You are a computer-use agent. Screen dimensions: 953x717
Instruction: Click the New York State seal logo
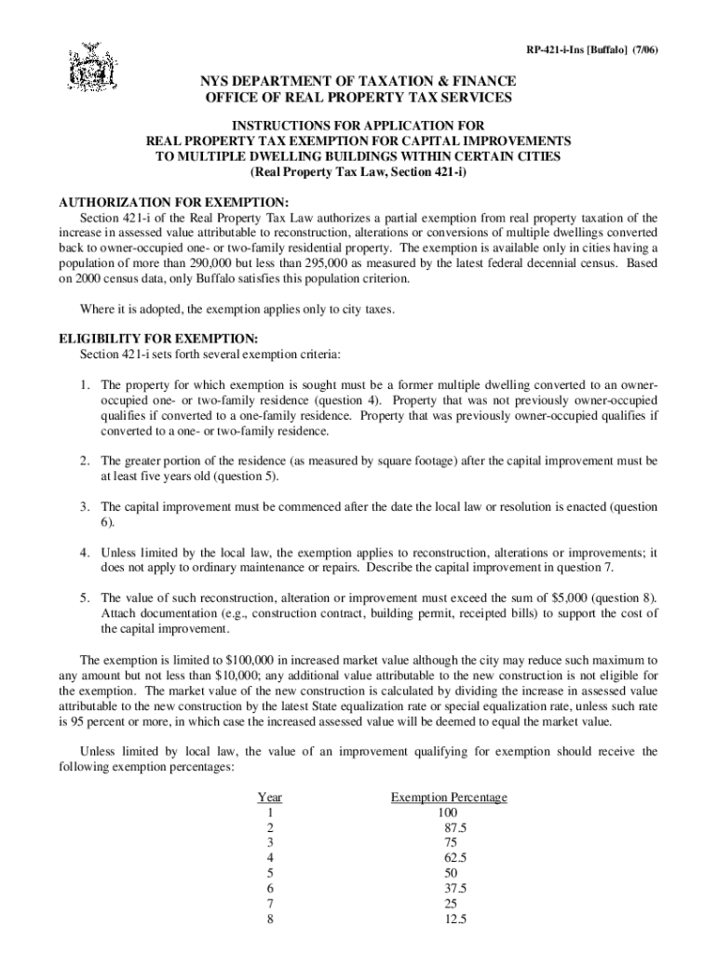click(91, 67)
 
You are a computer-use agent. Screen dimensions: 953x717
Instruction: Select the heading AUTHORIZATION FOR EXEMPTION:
click(175, 203)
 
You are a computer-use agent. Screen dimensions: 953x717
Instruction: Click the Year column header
click(270, 798)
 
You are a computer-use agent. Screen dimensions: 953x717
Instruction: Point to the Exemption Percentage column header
click(449, 798)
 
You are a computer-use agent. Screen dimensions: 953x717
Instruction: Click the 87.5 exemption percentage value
click(455, 827)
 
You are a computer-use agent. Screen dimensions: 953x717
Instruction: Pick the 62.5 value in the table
click(455, 858)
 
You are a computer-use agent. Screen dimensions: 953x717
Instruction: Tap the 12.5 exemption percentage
click(455, 919)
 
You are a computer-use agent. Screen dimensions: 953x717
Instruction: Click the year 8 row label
click(270, 919)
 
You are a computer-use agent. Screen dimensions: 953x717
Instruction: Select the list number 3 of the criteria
click(84, 507)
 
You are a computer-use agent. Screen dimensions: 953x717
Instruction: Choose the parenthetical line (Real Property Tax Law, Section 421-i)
click(358, 172)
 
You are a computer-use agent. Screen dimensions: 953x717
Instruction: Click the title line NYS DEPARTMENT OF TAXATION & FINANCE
click(358, 82)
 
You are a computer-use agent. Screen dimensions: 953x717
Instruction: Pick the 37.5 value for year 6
click(455, 888)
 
